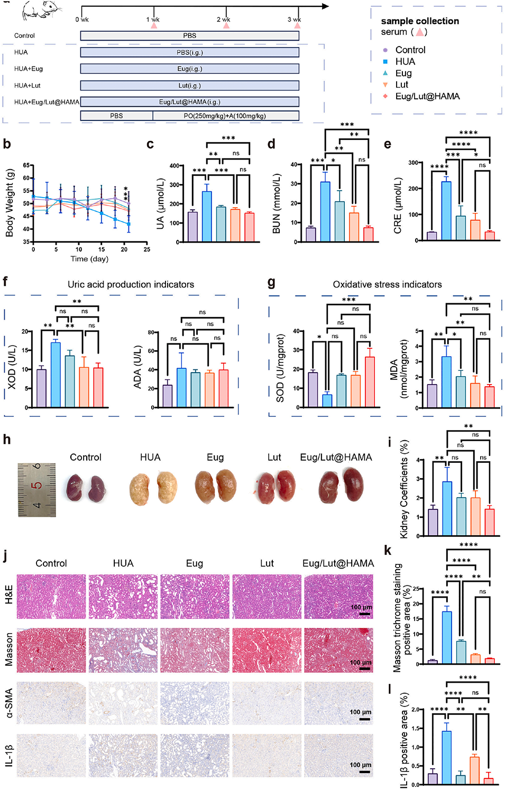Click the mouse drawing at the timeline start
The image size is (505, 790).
41,11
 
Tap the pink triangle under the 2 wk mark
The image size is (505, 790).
226,25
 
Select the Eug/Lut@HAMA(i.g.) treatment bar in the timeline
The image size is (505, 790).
189,102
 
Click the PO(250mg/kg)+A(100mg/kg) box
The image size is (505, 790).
225,116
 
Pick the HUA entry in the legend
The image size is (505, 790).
405,61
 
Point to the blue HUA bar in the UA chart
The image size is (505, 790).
207,217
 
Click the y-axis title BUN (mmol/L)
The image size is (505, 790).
276,204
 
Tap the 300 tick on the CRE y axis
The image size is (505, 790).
412,163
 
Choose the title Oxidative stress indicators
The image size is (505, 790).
387,284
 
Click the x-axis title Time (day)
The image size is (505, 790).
89,259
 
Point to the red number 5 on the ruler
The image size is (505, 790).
36,486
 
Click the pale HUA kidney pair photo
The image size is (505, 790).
152,487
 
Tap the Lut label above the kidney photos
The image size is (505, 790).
274,457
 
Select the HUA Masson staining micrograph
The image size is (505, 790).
123,650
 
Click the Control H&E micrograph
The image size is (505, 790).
51,597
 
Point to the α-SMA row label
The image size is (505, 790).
8,703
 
